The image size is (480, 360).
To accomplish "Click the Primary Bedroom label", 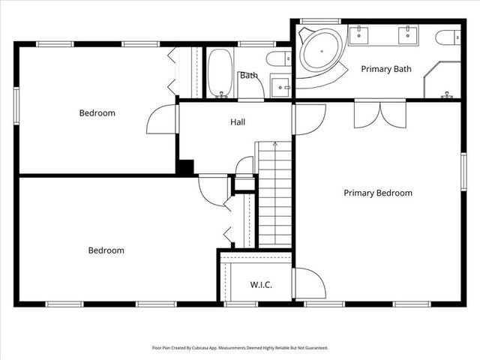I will [x=378, y=193].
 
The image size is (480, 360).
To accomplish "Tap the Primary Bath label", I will [x=386, y=69].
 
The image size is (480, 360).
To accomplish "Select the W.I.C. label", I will [x=261, y=285].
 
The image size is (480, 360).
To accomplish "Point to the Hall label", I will [x=238, y=121].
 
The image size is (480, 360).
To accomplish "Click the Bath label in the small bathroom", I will [x=249, y=75].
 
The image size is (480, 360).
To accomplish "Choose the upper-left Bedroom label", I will [x=97, y=113].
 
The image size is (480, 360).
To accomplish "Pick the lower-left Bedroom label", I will [x=106, y=250].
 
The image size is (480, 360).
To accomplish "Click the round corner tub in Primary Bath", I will [x=318, y=50].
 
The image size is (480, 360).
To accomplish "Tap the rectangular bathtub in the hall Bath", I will [x=220, y=73].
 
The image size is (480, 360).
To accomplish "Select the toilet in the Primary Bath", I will [x=448, y=37].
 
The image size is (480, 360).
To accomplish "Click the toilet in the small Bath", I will [x=277, y=58].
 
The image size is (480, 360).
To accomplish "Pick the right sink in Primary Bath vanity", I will [x=408, y=34].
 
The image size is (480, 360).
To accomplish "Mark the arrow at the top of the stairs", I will [x=275, y=144].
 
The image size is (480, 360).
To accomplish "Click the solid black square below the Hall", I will [x=186, y=167].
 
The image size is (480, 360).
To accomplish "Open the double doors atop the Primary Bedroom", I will [x=379, y=112].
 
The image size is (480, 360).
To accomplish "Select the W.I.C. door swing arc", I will [x=310, y=283].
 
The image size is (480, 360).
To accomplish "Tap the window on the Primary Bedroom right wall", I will [x=463, y=173].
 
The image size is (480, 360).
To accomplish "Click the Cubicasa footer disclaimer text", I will [x=240, y=348].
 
